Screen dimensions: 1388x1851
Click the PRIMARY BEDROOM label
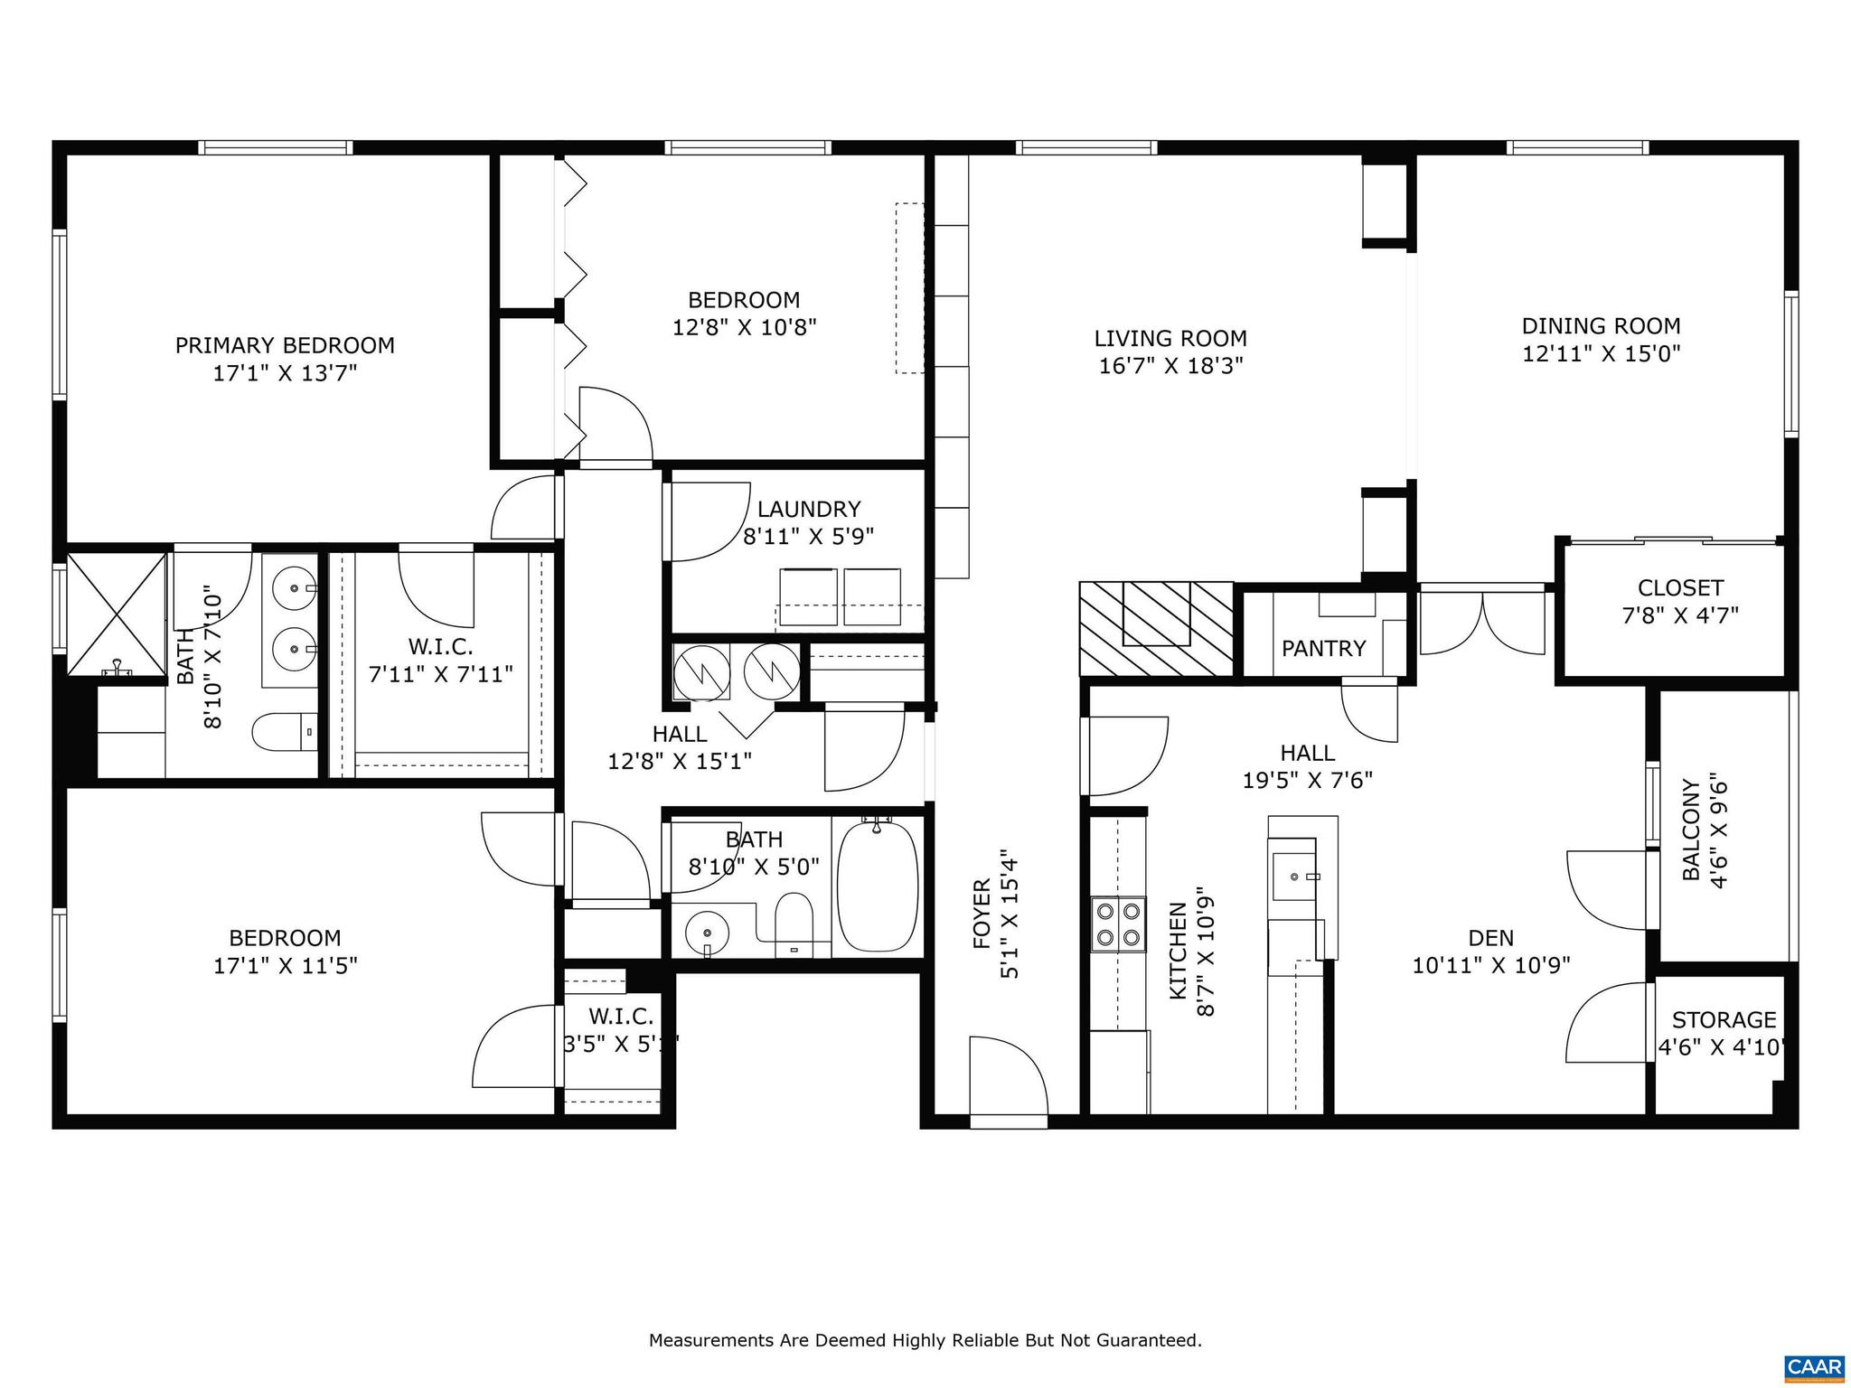[285, 345]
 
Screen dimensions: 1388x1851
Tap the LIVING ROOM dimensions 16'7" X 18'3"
[1170, 366]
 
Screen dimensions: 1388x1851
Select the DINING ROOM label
[1601, 326]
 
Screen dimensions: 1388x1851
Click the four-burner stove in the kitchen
[1118, 924]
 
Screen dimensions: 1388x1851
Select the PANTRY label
[1323, 648]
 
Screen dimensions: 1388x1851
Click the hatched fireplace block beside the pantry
[1156, 628]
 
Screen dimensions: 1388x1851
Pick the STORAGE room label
[1724, 1019]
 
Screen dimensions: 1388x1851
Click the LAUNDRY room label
[808, 509]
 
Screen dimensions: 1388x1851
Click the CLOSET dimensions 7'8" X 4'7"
[1680, 615]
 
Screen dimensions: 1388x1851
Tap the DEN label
[1490, 938]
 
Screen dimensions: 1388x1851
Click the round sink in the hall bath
[705, 932]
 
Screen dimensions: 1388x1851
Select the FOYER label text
[982, 914]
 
